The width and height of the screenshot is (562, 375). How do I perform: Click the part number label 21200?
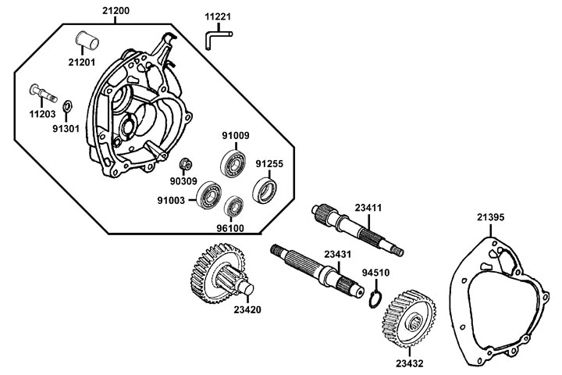[x=116, y=12]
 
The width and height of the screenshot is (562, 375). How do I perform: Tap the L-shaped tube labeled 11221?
[x=216, y=36]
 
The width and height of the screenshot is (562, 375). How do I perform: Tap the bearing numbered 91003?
[x=208, y=195]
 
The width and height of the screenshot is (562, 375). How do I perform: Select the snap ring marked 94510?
[x=375, y=298]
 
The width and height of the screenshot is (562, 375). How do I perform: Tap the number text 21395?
[x=491, y=216]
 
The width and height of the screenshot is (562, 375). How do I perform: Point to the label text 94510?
[x=376, y=273]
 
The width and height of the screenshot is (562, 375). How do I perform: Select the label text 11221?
[x=219, y=16]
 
